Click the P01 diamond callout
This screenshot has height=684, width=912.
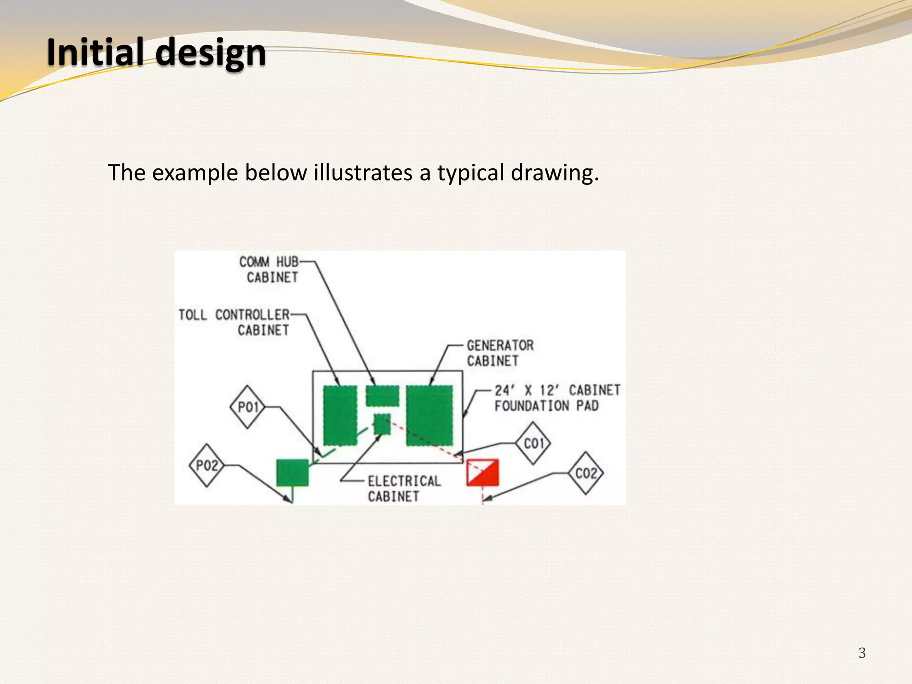point(248,407)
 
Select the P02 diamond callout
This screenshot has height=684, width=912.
point(207,465)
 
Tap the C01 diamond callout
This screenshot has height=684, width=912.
point(533,444)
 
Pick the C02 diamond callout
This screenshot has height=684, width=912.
point(586,473)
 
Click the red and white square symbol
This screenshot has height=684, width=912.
point(482,472)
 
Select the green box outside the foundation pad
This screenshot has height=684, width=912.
point(292,472)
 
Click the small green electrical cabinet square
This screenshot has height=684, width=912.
point(382,424)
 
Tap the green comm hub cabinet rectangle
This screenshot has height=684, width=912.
point(382,395)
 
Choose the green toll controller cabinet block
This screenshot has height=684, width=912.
point(340,415)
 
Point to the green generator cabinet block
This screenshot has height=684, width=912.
point(429,415)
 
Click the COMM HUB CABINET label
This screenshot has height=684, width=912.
point(270,269)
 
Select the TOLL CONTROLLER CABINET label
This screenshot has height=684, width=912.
point(234,322)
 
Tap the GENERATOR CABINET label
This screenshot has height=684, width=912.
point(500,353)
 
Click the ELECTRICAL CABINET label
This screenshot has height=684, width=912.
point(403,489)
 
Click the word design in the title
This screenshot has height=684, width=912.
point(211,53)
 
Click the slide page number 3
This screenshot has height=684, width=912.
point(862,653)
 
